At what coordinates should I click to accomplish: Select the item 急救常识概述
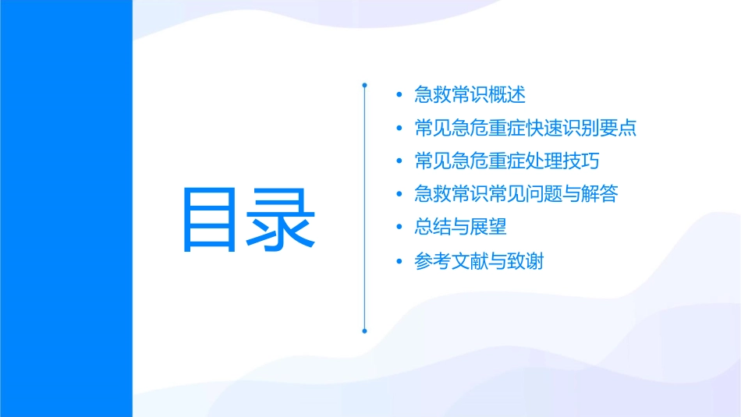tap(470, 95)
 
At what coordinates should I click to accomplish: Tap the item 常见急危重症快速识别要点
tap(526, 128)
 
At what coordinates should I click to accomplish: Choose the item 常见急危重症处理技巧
tap(507, 161)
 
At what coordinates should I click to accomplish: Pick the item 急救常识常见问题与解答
tap(516, 194)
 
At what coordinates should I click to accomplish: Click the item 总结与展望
tap(460, 228)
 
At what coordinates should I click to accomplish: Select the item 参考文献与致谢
tap(479, 261)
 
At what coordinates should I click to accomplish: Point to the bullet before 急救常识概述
tap(399, 96)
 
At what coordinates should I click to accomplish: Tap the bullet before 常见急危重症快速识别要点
tap(399, 129)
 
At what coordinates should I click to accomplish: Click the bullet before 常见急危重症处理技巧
tap(399, 162)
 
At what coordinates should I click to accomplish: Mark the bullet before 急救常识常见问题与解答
tap(399, 195)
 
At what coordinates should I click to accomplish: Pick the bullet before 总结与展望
tap(399, 228)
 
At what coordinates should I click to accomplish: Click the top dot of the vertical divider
tap(364, 84)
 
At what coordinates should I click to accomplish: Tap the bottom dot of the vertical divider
tap(364, 330)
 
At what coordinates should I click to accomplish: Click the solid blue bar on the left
tap(66, 208)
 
